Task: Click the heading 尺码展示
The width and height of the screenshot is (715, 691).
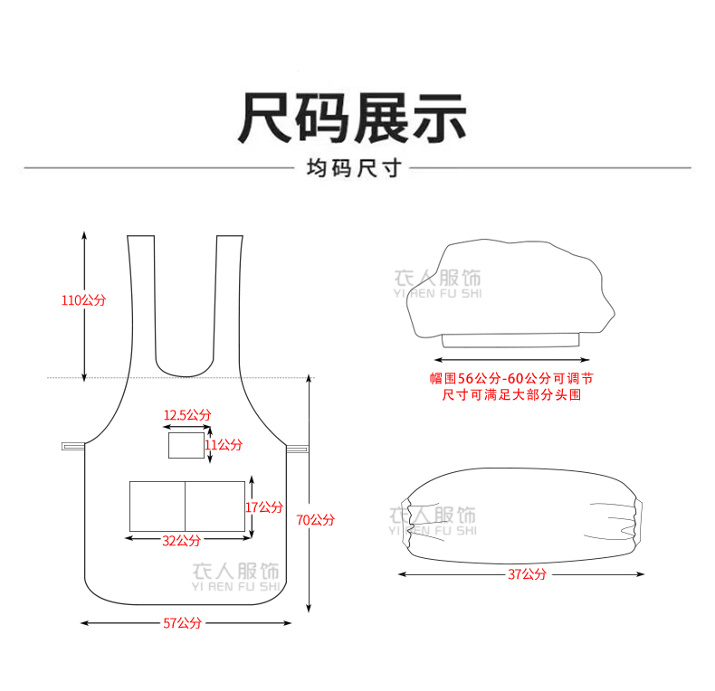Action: pos(353,118)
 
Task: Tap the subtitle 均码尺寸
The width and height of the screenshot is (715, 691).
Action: pos(353,168)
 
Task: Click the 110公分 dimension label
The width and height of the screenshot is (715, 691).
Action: pos(83,300)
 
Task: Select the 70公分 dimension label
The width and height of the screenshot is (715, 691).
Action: pos(315,519)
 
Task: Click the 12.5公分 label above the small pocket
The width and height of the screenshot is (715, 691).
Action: pos(187,415)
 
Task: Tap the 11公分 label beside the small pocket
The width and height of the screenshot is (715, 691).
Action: pos(224,445)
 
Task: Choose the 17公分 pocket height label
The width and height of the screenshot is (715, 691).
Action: pos(263,507)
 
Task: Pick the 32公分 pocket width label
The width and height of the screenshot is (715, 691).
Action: pos(182,540)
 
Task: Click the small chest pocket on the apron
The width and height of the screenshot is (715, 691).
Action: pos(186,445)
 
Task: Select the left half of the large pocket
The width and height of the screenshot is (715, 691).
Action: pos(157,506)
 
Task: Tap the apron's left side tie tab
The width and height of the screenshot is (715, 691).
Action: pos(72,446)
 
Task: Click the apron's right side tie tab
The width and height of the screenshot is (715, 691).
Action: pos(298,448)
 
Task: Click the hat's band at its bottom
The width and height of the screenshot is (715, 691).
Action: pos(510,340)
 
